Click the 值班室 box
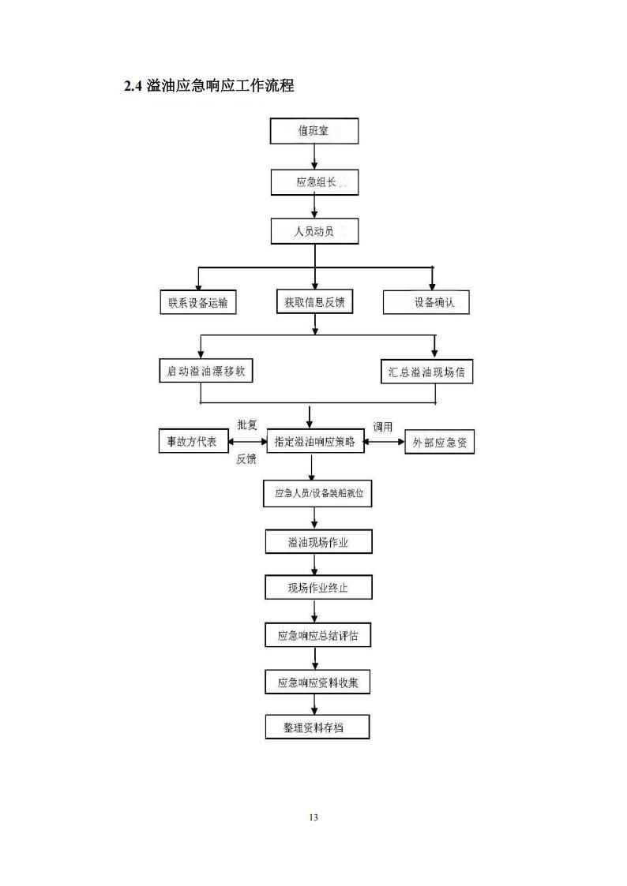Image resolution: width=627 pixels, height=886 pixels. point(314,131)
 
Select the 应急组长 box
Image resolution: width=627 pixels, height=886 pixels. point(314,182)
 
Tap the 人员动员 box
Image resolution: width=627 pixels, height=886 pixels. point(314,231)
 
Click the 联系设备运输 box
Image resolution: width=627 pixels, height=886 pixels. point(197,302)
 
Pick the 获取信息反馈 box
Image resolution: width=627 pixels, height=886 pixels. point(314,302)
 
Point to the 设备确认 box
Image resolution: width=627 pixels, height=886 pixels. point(426,302)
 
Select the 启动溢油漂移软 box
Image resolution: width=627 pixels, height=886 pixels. point(206,372)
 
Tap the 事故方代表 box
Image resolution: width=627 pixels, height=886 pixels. point(193,442)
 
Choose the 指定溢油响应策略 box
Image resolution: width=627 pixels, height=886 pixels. point(314,442)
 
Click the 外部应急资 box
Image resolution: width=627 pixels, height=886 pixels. point(440,443)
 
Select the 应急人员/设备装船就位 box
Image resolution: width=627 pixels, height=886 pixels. point(317,494)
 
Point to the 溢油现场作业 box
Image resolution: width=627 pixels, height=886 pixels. point(317,542)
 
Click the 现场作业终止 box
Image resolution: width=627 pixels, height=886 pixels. point(317,588)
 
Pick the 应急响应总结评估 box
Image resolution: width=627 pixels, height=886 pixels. point(317,635)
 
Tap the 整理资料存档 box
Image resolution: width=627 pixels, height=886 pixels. point(317,727)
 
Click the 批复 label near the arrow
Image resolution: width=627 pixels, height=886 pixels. point(247,425)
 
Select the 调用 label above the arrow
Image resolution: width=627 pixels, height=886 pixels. point(383,427)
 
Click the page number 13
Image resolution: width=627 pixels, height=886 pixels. point(313,817)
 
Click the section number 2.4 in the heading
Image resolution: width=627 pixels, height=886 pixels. point(133,86)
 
